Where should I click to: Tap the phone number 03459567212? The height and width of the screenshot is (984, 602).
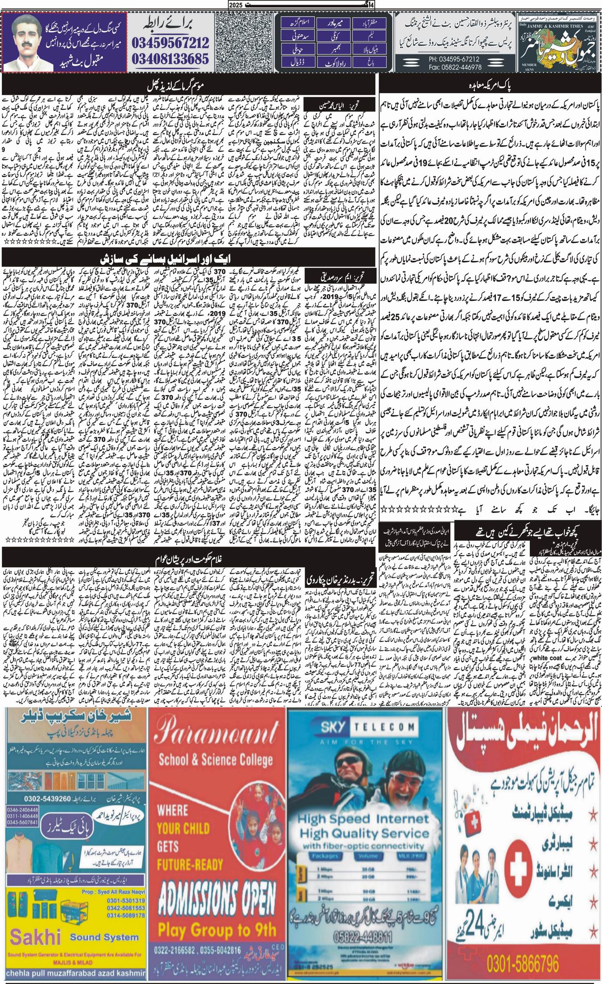point(170,43)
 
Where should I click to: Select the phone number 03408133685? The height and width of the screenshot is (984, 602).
point(170,58)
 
